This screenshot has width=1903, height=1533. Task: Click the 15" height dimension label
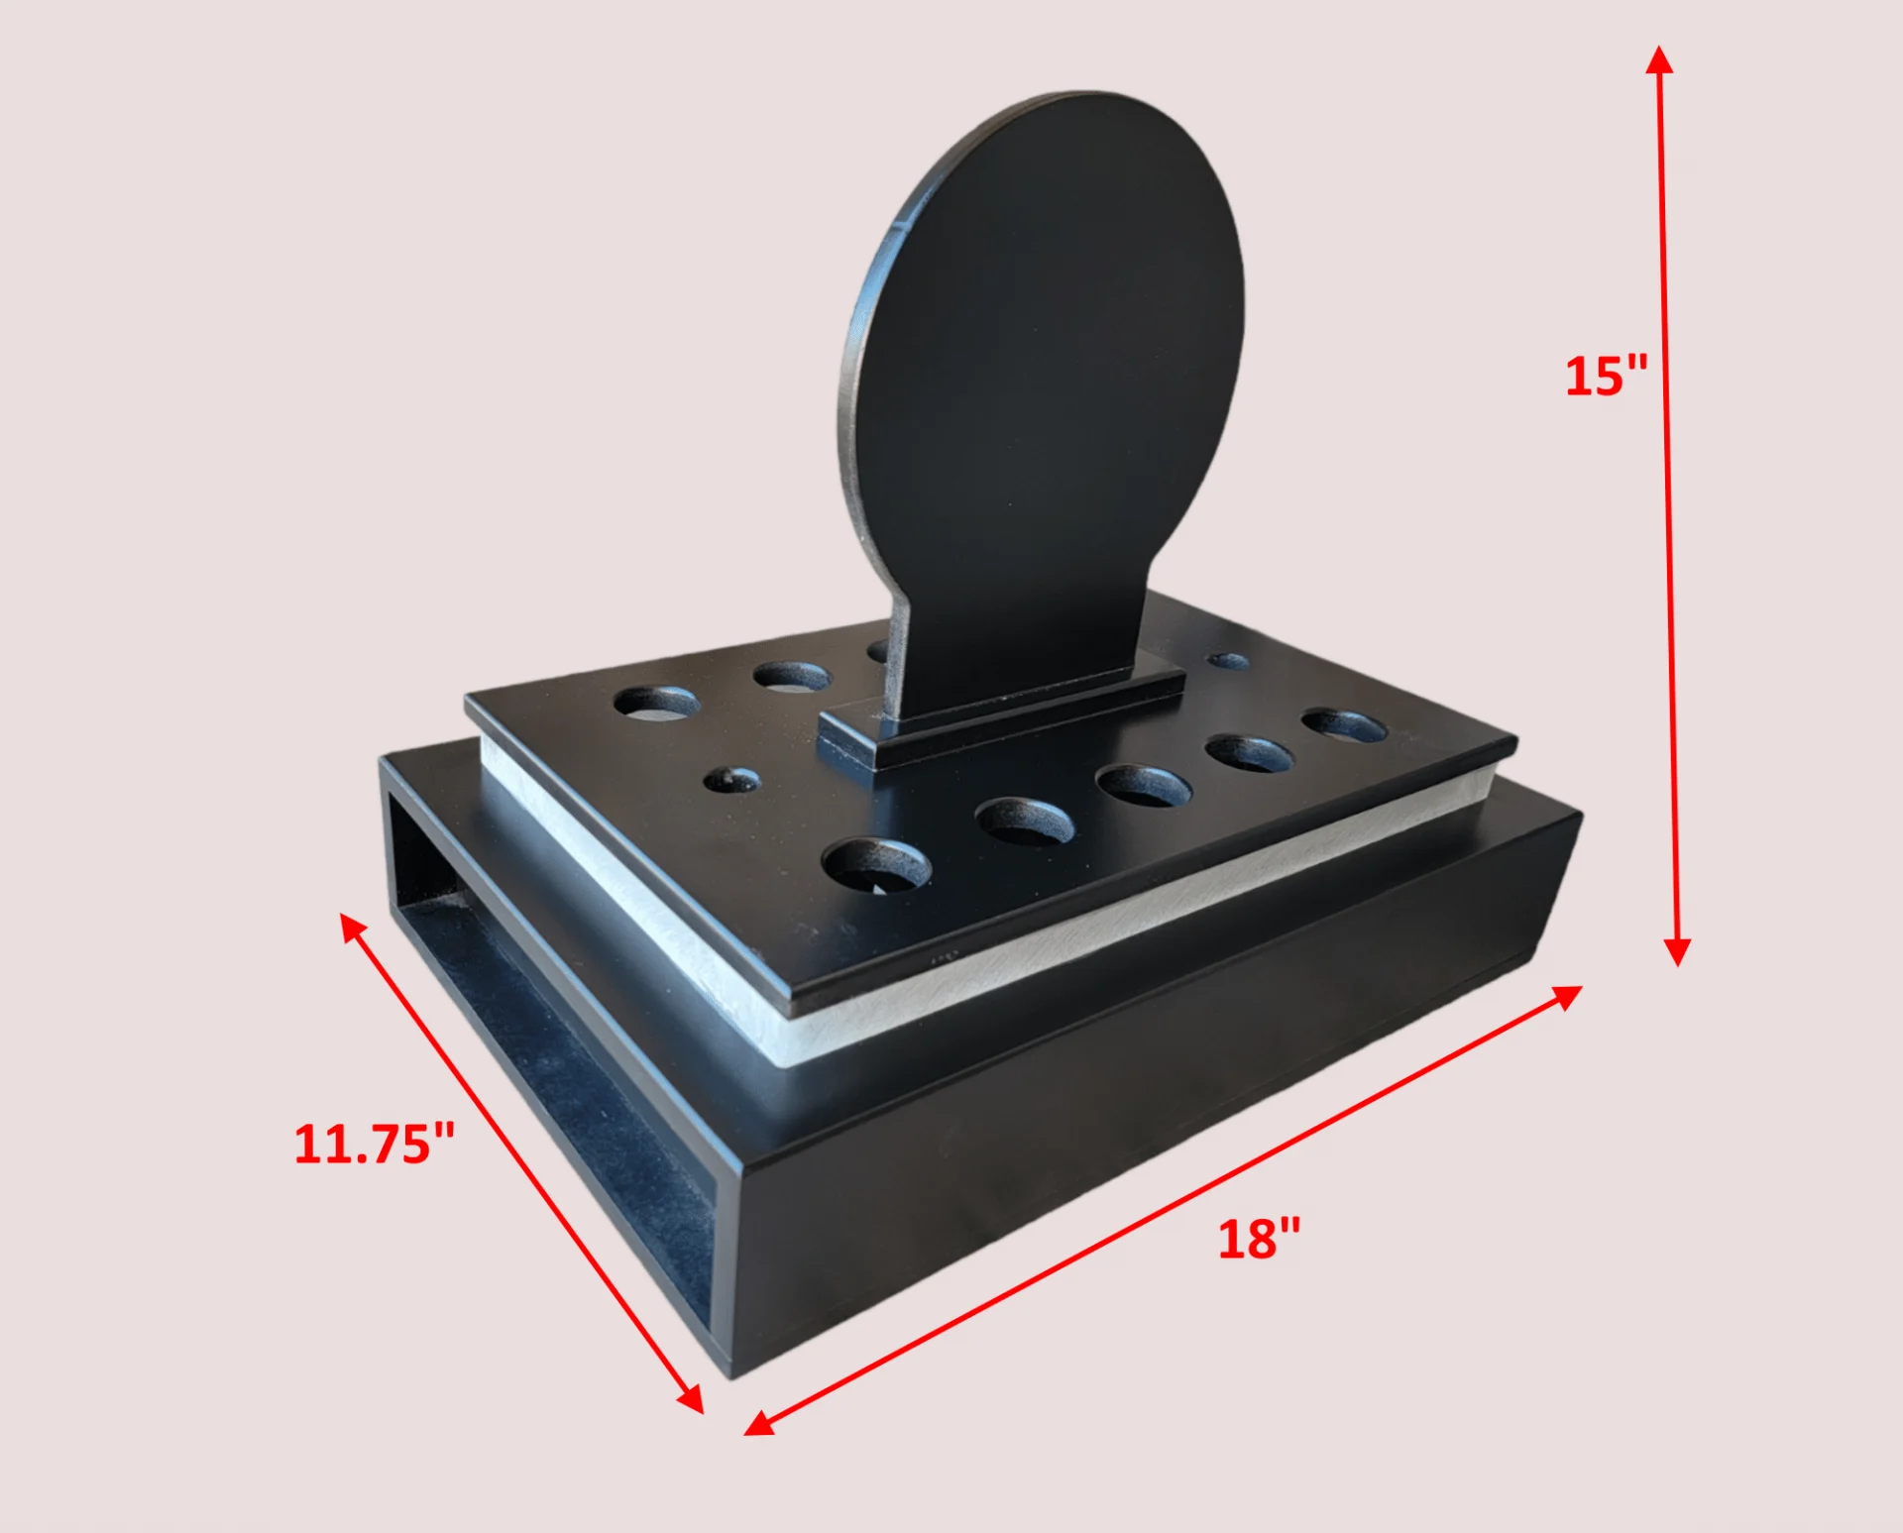(x=1606, y=377)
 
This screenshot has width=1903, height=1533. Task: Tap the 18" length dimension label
(x=1259, y=1240)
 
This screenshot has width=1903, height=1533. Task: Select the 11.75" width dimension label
(x=375, y=1144)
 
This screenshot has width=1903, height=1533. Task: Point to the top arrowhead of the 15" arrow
(x=1659, y=59)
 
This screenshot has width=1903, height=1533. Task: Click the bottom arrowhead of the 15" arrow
(x=1677, y=951)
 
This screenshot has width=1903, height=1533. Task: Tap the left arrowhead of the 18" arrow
(x=760, y=1422)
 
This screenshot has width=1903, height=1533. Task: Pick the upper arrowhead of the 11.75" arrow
(x=353, y=928)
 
